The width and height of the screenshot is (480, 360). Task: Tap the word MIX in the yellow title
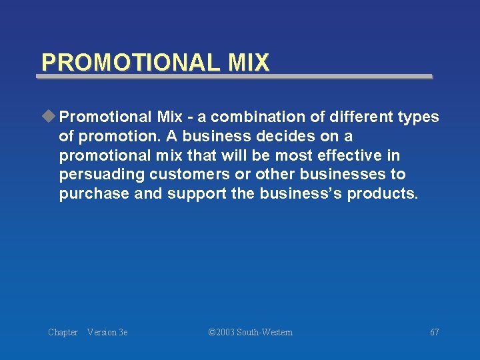click(x=248, y=63)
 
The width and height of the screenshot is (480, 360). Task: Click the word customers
click(x=190, y=175)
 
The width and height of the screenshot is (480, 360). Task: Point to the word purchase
click(x=94, y=194)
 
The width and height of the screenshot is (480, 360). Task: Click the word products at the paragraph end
click(x=382, y=194)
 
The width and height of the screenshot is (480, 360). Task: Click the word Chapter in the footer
click(x=63, y=332)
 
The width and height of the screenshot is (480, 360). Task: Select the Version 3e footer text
click(x=107, y=332)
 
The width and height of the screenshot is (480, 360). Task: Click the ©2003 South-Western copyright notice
click(x=250, y=332)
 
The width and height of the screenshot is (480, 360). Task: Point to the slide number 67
click(x=434, y=332)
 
